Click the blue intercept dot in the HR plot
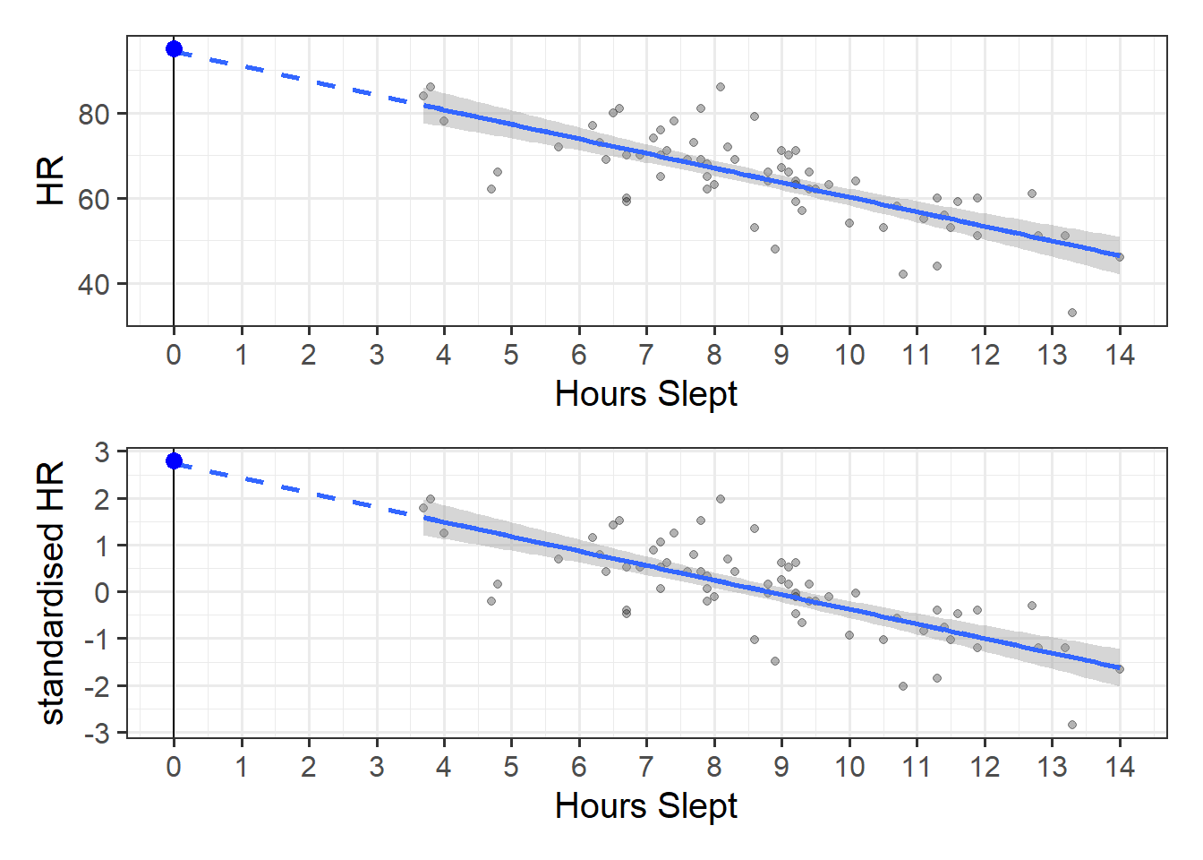click(x=174, y=48)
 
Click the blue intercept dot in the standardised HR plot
click(x=174, y=460)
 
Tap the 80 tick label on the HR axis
click(x=93, y=114)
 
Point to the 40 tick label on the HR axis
click(x=93, y=284)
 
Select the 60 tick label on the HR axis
click(x=93, y=199)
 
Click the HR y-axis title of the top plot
click(x=51, y=180)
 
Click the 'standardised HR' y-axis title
click(x=51, y=592)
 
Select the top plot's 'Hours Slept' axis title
click(x=645, y=394)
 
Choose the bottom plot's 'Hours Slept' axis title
click(x=645, y=806)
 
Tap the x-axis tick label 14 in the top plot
click(x=1119, y=356)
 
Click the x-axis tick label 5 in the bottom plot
click(x=511, y=768)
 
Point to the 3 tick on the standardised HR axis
click(x=103, y=452)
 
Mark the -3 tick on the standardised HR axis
click(x=98, y=733)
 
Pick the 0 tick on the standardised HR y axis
click(x=103, y=592)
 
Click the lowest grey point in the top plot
click(x=1071, y=313)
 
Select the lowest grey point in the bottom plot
click(x=1071, y=725)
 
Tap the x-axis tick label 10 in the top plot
click(x=849, y=356)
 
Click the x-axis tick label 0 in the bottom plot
click(x=174, y=768)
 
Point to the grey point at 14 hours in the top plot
click(x=1119, y=257)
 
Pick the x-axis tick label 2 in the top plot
click(x=309, y=356)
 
